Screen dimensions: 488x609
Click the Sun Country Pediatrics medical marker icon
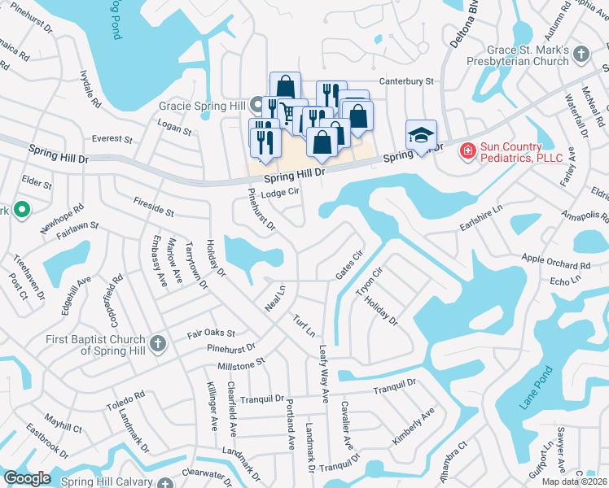click(468, 150)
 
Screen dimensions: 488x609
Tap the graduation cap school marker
click(422, 135)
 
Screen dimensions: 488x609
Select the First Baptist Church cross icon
click(158, 343)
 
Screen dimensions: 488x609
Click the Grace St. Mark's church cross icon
click(581, 54)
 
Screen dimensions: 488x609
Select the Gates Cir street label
click(348, 265)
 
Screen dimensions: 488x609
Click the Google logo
click(27, 477)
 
